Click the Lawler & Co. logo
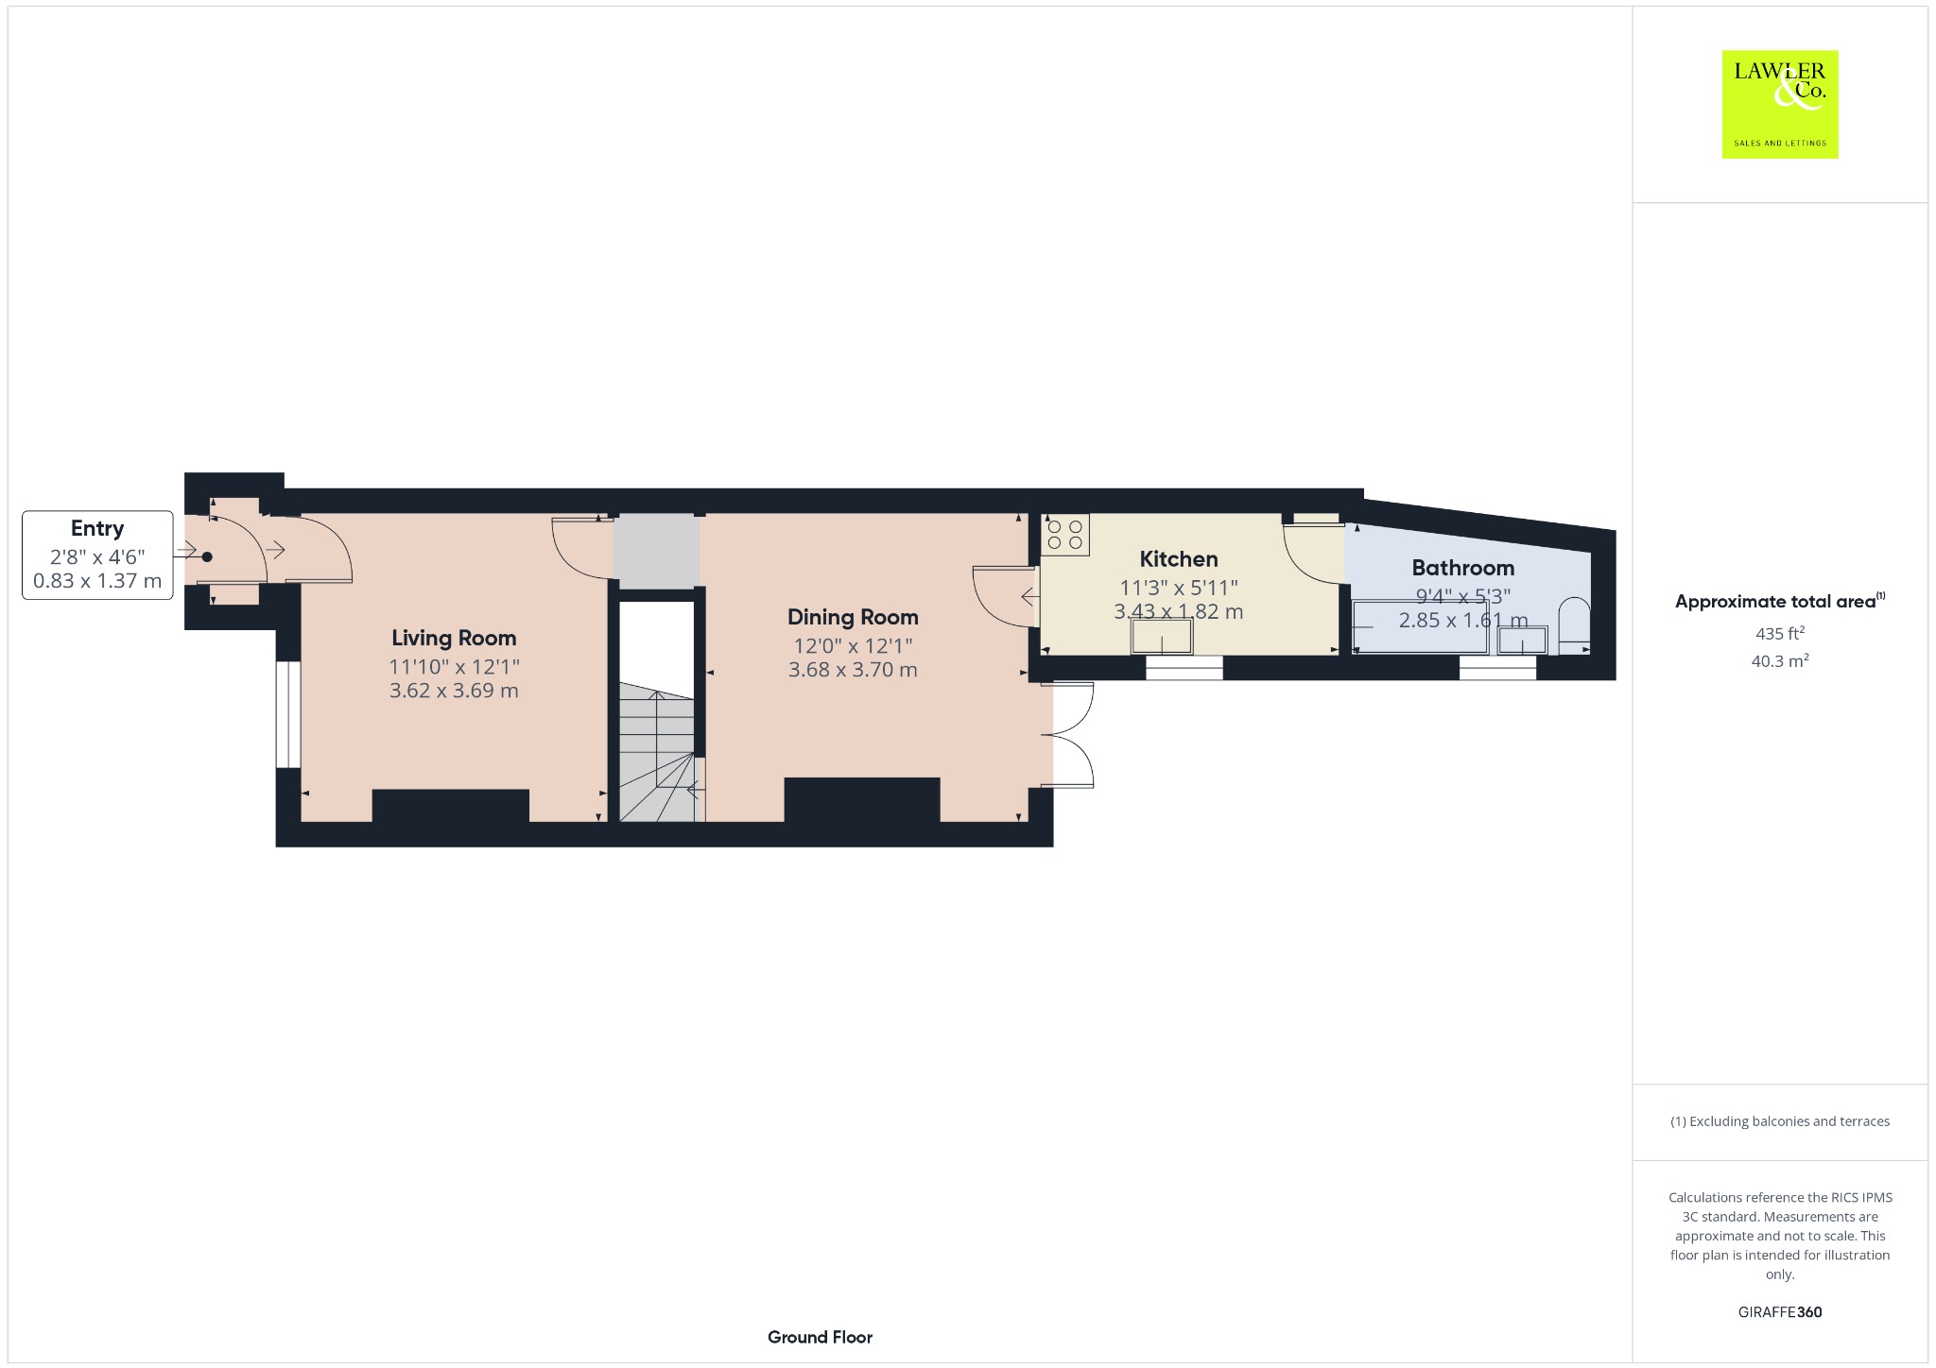pyautogui.click(x=1779, y=104)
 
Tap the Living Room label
pyautogui.click(x=454, y=639)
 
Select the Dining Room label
pyautogui.click(x=853, y=618)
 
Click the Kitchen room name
pyautogui.click(x=1178, y=559)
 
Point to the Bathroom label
pyautogui.click(x=1462, y=568)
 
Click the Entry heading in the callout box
pyautogui.click(x=97, y=529)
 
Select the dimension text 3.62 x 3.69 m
pyautogui.click(x=454, y=691)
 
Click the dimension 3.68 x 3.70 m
pyautogui.click(x=853, y=670)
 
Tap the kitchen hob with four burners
pyautogui.click(x=1065, y=535)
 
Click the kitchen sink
pyautogui.click(x=1162, y=637)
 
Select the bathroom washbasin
pyautogui.click(x=1522, y=640)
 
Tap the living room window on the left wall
pyautogui.click(x=288, y=714)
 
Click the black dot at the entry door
pyautogui.click(x=207, y=557)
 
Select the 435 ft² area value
pyautogui.click(x=1779, y=633)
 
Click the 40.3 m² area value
pyautogui.click(x=1779, y=660)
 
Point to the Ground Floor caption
pyautogui.click(x=820, y=1337)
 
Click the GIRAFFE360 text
pyautogui.click(x=1779, y=1311)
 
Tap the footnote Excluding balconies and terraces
pyautogui.click(x=1779, y=1121)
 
